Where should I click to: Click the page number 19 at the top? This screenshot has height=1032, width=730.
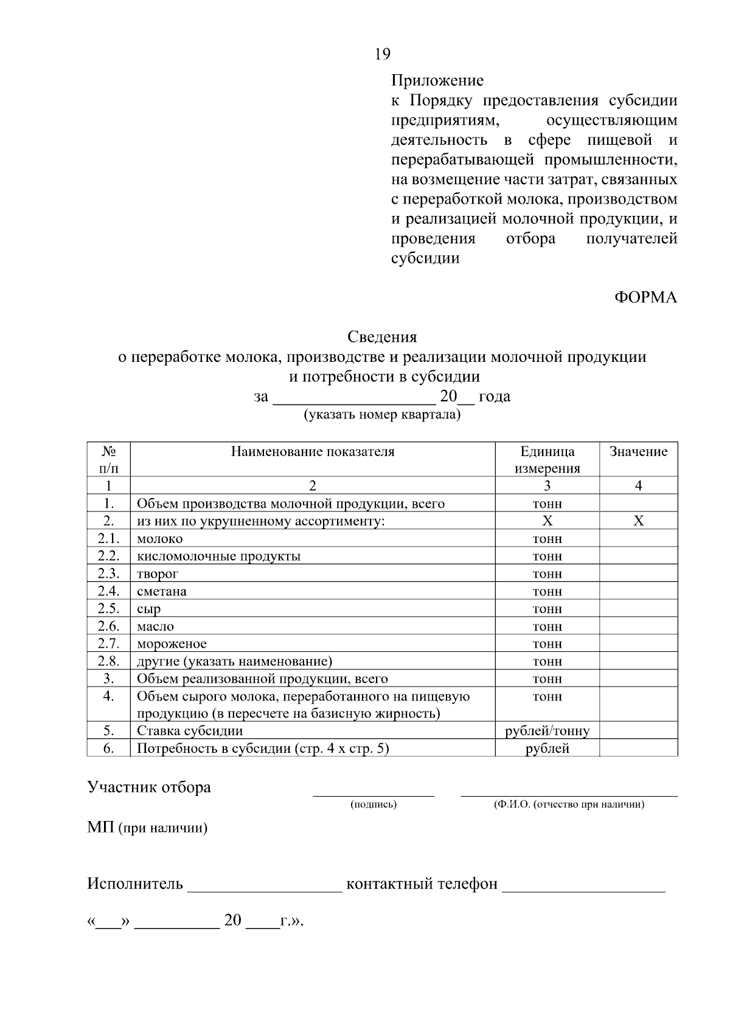pyautogui.click(x=382, y=54)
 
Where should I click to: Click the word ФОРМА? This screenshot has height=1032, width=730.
pyautogui.click(x=645, y=297)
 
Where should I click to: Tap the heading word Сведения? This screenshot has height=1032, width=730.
pyautogui.click(x=382, y=336)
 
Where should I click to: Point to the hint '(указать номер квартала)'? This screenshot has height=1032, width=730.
pyautogui.click(x=382, y=415)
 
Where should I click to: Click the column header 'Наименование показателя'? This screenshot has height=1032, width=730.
pyautogui.click(x=312, y=452)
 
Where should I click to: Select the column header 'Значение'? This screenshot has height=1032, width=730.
pyautogui.click(x=638, y=452)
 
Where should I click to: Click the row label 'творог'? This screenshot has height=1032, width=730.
pyautogui.click(x=158, y=573)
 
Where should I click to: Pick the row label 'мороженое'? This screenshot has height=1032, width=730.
pyautogui.click(x=172, y=643)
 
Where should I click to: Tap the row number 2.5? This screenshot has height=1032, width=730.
pyautogui.click(x=108, y=609)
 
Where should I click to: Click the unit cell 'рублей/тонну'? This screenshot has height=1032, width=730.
pyautogui.click(x=547, y=731)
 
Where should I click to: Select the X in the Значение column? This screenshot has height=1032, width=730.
pyautogui.click(x=638, y=521)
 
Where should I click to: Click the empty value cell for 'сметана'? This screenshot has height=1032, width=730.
pyautogui.click(x=638, y=591)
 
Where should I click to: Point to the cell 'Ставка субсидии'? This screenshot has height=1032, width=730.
pyautogui.click(x=189, y=731)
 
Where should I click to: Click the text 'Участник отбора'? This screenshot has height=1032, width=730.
pyautogui.click(x=149, y=788)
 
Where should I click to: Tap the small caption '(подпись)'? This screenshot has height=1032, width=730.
pyautogui.click(x=373, y=805)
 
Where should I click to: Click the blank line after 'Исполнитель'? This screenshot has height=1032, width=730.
pyautogui.click(x=265, y=885)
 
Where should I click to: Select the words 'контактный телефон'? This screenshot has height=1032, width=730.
pyautogui.click(x=421, y=884)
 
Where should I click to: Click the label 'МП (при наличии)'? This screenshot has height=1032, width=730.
pyautogui.click(x=147, y=828)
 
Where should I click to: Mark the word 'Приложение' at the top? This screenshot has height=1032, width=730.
pyautogui.click(x=437, y=80)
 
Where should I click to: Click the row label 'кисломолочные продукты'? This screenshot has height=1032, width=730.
pyautogui.click(x=218, y=556)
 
